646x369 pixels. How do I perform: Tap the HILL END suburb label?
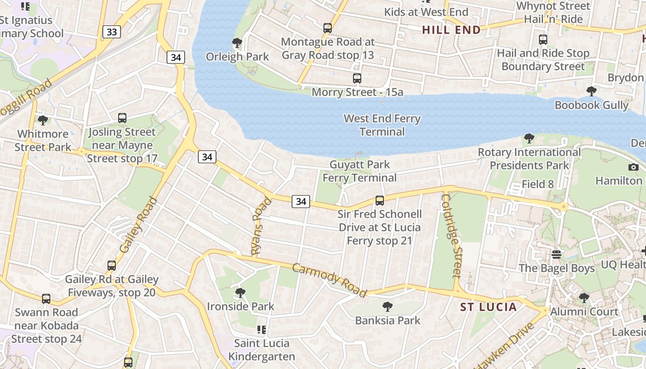click(x=451, y=30)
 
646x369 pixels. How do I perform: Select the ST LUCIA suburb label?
click(x=489, y=307)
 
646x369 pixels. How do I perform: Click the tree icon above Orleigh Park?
click(x=237, y=43)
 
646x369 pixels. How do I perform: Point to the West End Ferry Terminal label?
click(x=382, y=125)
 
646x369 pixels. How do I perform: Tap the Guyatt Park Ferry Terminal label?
click(x=359, y=171)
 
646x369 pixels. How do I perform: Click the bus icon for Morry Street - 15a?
click(x=357, y=78)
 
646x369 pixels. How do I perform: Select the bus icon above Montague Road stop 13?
click(x=328, y=28)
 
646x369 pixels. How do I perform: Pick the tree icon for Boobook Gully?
click(x=591, y=91)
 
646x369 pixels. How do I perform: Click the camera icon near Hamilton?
click(x=634, y=167)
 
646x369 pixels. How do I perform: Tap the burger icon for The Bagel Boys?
click(x=556, y=254)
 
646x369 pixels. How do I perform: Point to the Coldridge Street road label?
click(x=451, y=235)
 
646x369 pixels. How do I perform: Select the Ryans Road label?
click(x=261, y=226)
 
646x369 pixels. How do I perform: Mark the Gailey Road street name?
click(x=138, y=225)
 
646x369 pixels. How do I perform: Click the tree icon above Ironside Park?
click(x=240, y=292)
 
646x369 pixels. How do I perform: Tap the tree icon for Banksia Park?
click(x=388, y=306)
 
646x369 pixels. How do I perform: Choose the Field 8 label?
click(x=538, y=184)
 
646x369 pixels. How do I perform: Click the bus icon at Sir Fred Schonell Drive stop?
click(x=380, y=201)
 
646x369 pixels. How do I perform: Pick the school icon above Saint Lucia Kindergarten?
click(x=261, y=329)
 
